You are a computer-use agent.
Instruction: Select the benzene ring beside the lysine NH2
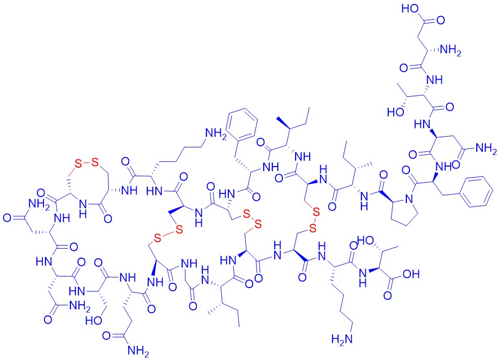point(242,125)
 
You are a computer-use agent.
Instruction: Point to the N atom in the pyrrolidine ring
point(409,199)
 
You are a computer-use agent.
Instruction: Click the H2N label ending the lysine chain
point(342,338)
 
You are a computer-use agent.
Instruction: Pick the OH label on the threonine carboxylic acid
point(411,274)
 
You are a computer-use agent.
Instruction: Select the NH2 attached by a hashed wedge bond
point(450,51)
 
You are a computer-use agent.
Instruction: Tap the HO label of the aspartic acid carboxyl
point(410,9)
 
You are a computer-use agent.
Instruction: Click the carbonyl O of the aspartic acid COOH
point(441,20)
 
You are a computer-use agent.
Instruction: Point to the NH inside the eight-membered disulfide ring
point(82,208)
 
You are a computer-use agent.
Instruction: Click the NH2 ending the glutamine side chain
point(138,351)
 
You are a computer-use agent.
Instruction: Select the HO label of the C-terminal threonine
point(365,239)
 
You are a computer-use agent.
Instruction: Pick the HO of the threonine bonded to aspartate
point(395,112)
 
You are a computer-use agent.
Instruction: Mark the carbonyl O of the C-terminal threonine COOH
point(388,296)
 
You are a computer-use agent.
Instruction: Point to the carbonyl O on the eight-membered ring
point(108,219)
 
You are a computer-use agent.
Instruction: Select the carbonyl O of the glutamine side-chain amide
point(107,336)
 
